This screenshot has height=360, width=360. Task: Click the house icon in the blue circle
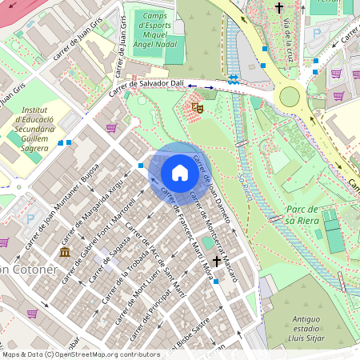(x=180, y=172)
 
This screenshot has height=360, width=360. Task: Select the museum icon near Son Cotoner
(x=64, y=254)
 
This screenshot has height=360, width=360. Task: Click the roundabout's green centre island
(x=289, y=98)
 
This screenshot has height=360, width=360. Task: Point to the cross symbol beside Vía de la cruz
(x=279, y=9)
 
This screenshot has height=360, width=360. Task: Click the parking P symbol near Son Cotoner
(x=30, y=218)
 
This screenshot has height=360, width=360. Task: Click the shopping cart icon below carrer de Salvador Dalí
(x=111, y=128)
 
